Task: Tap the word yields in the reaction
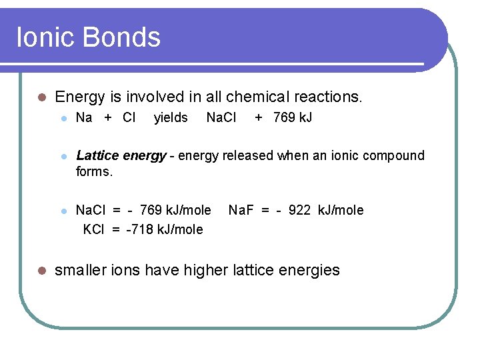(171, 118)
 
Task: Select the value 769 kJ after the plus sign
(293, 118)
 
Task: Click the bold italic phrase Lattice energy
(121, 155)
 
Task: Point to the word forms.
(95, 171)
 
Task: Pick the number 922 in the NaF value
(299, 211)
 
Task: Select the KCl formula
(94, 229)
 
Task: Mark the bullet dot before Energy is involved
(41, 97)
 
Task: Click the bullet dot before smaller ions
(41, 271)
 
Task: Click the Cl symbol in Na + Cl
(129, 118)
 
